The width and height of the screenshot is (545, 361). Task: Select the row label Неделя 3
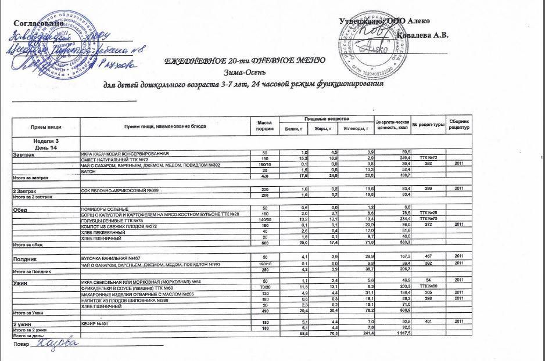pos(47,141)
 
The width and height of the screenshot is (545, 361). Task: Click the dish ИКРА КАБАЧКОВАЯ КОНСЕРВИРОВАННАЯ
pos(124,153)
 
